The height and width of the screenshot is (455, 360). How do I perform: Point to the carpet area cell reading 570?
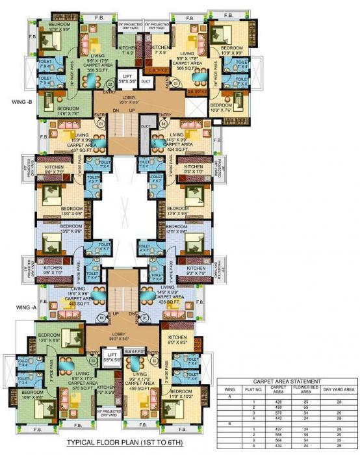[279, 414]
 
